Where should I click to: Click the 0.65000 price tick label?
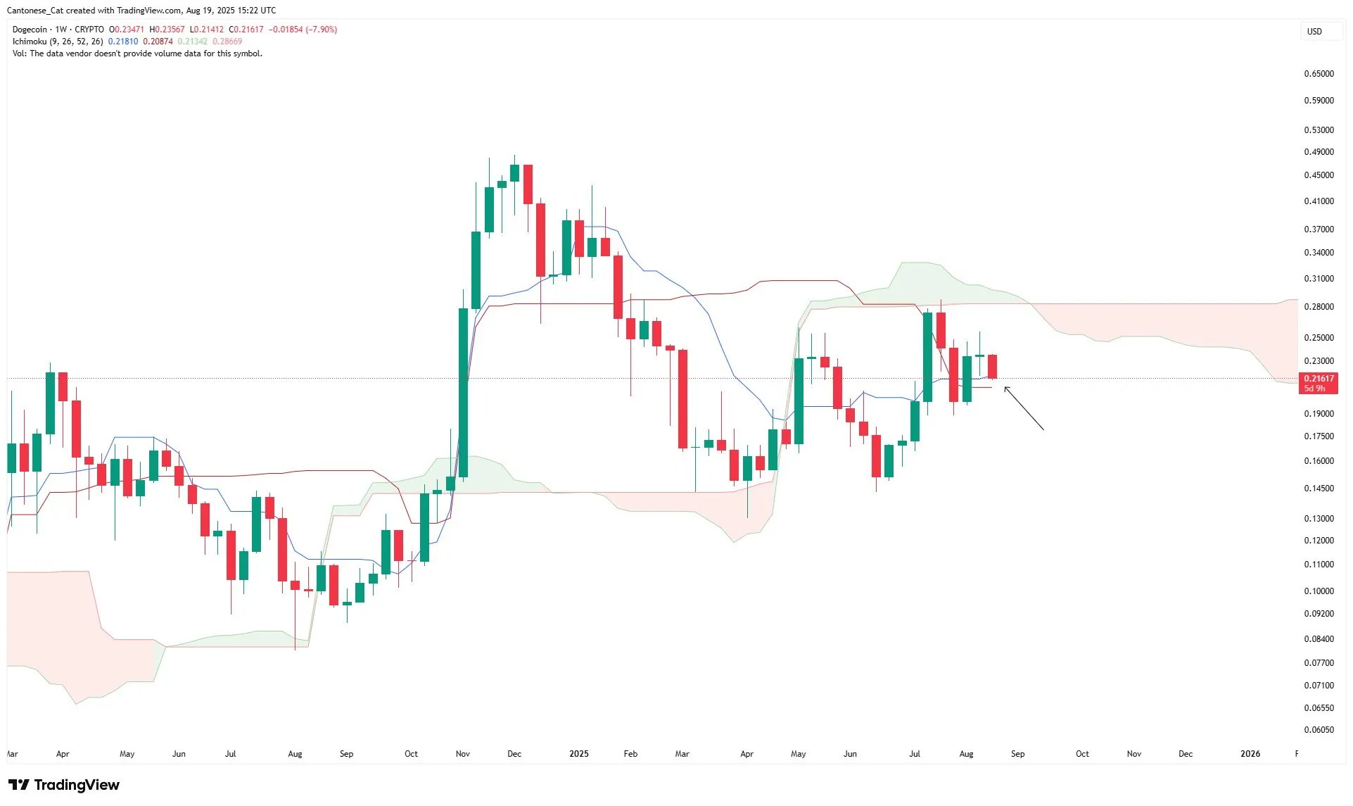(1319, 74)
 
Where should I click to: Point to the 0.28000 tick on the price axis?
(1319, 307)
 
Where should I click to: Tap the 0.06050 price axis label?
(1319, 730)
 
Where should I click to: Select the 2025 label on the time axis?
(578, 754)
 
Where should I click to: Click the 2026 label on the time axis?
(1250, 754)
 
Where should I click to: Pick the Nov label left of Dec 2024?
(462, 754)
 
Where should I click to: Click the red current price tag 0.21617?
(1318, 379)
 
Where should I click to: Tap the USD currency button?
(1314, 32)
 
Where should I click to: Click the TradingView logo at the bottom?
(64, 785)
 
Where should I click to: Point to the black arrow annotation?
(1024, 408)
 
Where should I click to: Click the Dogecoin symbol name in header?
(30, 30)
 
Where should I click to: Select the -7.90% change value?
(322, 30)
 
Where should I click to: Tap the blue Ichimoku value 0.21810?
(123, 42)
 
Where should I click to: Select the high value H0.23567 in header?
(167, 30)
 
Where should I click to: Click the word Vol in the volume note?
(19, 53)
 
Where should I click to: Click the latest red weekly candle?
(992, 367)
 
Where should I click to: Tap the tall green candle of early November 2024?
(463, 393)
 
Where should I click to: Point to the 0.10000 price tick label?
(1319, 591)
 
